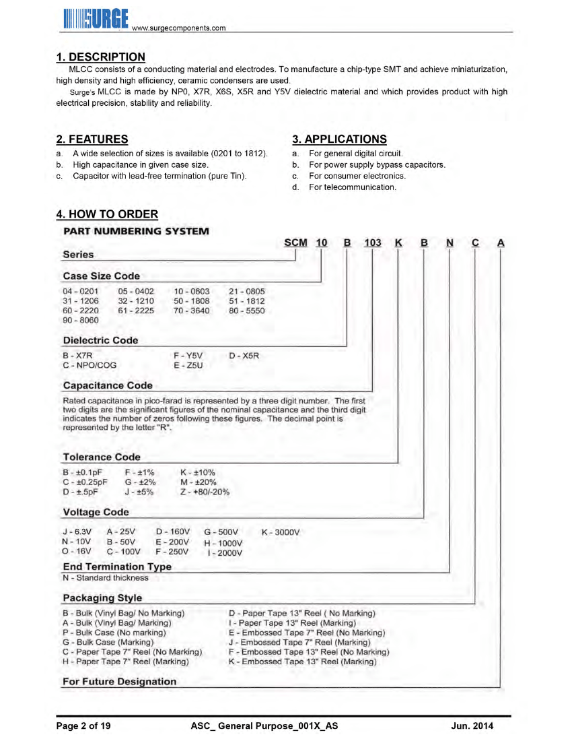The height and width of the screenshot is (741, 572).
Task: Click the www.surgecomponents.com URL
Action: coord(179,28)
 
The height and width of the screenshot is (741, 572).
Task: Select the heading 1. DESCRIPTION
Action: coord(100,57)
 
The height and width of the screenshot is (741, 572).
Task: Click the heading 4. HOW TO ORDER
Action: coord(107,214)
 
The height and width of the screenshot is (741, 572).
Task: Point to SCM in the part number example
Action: coord(296,243)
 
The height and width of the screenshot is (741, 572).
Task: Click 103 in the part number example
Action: coord(373,243)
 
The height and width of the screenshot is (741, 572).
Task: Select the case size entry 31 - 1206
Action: coord(80,301)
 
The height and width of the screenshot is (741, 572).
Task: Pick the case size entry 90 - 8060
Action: coord(80,320)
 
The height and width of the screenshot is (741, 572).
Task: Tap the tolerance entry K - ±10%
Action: coord(198,473)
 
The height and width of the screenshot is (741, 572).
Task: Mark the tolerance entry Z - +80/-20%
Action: coord(205,492)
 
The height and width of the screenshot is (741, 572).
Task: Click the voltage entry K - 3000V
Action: coord(280,532)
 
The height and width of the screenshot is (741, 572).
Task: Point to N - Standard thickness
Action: coord(106,577)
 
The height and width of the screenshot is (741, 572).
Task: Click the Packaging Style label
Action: coord(102,598)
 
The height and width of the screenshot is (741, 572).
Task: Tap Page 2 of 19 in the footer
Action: coord(83,726)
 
